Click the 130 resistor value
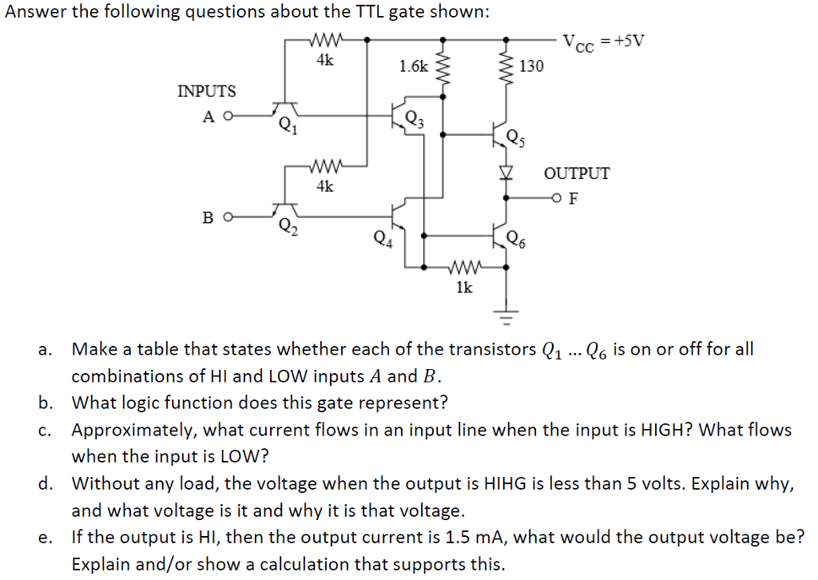[531, 66]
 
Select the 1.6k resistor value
[413, 66]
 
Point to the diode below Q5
[504, 172]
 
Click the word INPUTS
[206, 91]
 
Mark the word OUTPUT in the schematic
[577, 173]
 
